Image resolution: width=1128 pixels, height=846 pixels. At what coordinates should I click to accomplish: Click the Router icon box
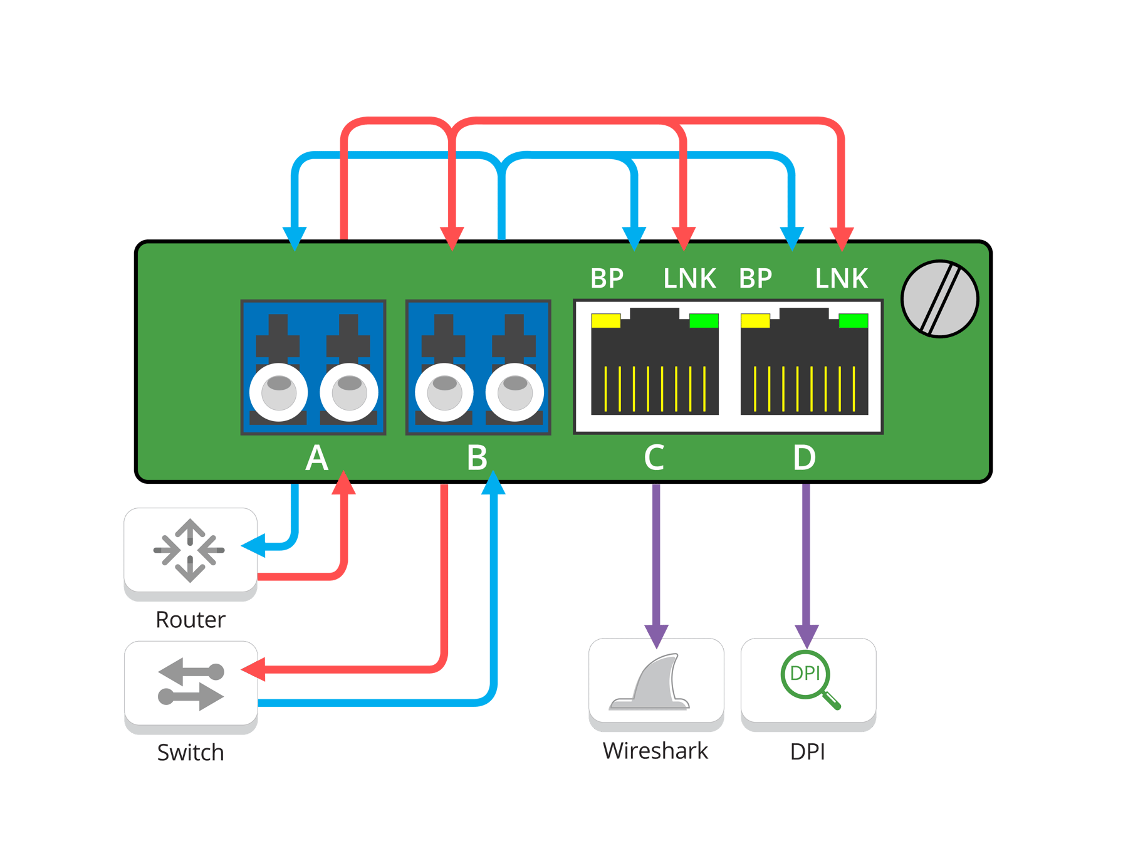(191, 551)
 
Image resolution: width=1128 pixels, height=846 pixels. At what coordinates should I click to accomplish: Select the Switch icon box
(191, 684)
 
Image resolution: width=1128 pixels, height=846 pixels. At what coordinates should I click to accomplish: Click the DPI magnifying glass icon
(809, 680)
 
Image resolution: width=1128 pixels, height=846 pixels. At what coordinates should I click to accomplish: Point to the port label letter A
(316, 458)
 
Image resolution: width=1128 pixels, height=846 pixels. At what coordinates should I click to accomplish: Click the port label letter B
(477, 458)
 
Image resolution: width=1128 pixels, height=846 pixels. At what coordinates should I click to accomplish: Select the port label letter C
(654, 458)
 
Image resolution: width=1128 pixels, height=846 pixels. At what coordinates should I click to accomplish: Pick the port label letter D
(805, 458)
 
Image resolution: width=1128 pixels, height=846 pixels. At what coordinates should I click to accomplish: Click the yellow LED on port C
(605, 321)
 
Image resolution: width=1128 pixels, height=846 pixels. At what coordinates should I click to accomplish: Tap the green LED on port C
(704, 321)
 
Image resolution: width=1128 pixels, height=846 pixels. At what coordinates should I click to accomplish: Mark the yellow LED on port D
(755, 321)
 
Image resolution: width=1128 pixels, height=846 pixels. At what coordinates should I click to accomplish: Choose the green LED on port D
(854, 321)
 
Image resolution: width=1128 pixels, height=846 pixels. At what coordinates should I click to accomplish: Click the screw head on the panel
(939, 299)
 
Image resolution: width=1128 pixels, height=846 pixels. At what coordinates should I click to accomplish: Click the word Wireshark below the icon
(655, 751)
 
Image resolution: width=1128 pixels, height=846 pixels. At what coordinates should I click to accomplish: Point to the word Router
(191, 620)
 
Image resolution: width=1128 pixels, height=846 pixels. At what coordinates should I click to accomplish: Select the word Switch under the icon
(191, 752)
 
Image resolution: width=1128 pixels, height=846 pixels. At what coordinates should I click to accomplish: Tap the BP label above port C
(607, 279)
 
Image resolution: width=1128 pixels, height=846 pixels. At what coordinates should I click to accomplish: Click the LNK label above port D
(841, 279)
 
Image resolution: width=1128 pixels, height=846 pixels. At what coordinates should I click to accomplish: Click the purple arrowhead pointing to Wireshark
(656, 635)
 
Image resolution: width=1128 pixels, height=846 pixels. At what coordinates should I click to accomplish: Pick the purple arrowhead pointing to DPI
(807, 635)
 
